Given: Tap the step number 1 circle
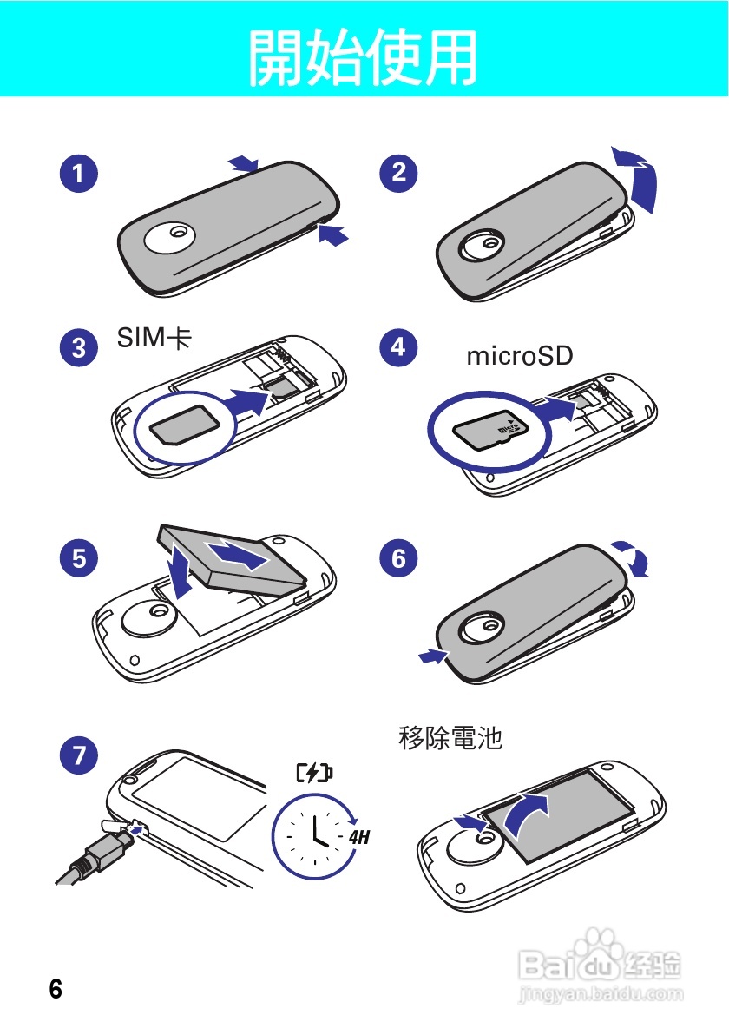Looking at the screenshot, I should [79, 174].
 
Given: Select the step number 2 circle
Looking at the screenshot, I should [398, 172].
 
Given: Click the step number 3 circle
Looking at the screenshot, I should [79, 348].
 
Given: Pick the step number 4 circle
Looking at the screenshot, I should [398, 346].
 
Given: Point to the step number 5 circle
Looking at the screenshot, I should [79, 557].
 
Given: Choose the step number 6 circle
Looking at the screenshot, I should [398, 557].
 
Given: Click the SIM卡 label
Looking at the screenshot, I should [154, 339].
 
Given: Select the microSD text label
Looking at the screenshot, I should [520, 357].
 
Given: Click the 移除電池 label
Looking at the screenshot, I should [450, 739].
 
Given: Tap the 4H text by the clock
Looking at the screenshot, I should [359, 839].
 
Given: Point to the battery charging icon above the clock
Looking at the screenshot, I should [314, 773].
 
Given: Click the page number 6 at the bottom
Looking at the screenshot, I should [56, 989].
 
